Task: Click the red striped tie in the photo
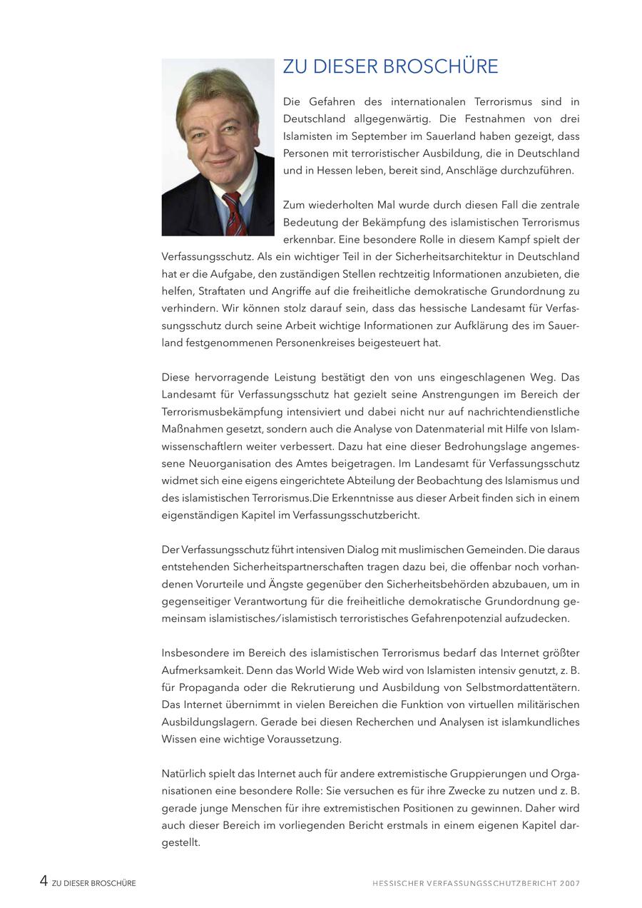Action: pos(235,214)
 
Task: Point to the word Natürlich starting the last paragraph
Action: pos(183,774)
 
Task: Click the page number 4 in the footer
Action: pos(44,882)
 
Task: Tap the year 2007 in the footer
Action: pos(570,883)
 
